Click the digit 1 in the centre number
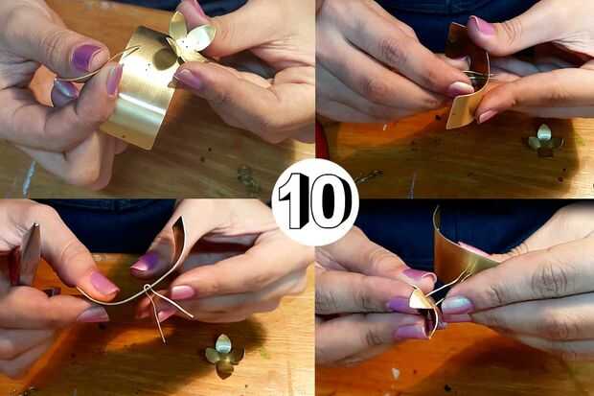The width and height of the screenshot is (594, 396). pos(295,201)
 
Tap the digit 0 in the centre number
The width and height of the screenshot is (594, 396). pos(330,201)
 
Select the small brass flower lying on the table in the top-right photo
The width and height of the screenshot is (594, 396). pos(544,140)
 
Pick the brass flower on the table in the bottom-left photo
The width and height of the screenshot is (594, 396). pos(223,356)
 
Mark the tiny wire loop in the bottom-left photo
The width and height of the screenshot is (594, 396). pos(148,289)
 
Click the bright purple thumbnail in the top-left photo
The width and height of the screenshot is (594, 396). pos(85,57)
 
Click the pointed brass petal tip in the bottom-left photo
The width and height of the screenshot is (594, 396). pos(181,220)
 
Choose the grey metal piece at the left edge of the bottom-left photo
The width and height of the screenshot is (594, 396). pos(31,254)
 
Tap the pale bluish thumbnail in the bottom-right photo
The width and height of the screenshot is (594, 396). pos(457,305)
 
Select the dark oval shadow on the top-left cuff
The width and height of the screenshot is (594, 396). pos(166,58)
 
